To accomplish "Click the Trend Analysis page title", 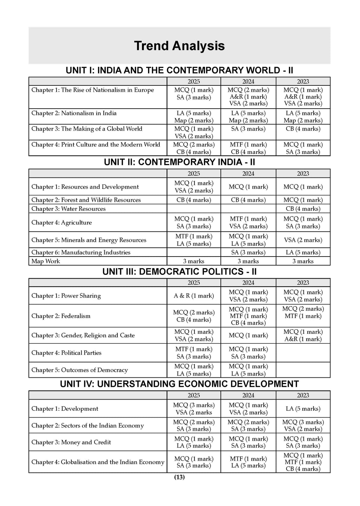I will click(179, 46).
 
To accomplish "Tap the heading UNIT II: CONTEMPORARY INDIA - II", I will click(179, 162).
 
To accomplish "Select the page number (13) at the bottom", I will click(179, 477).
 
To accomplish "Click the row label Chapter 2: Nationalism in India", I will click(74, 113).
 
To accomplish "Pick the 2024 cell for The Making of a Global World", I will click(248, 129).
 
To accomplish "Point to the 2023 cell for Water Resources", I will click(303, 209).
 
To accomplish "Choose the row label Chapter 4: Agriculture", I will click(62, 222).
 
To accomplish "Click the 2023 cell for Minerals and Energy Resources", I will click(303, 240).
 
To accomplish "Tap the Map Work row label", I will click(46, 261).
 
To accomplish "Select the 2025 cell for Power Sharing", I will click(194, 296).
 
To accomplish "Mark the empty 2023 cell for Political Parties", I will click(303, 353).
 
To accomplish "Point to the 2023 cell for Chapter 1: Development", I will click(303, 409).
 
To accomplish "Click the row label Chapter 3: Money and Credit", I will click(71, 442).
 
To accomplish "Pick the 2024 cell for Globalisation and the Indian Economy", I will click(248, 462).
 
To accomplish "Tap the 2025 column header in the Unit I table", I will click(194, 82).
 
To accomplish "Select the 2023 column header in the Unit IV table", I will click(303, 395).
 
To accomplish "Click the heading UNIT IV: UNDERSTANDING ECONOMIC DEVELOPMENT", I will click(179, 384).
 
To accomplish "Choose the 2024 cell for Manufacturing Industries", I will click(248, 252).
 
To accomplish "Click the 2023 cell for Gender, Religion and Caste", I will click(303, 335).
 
